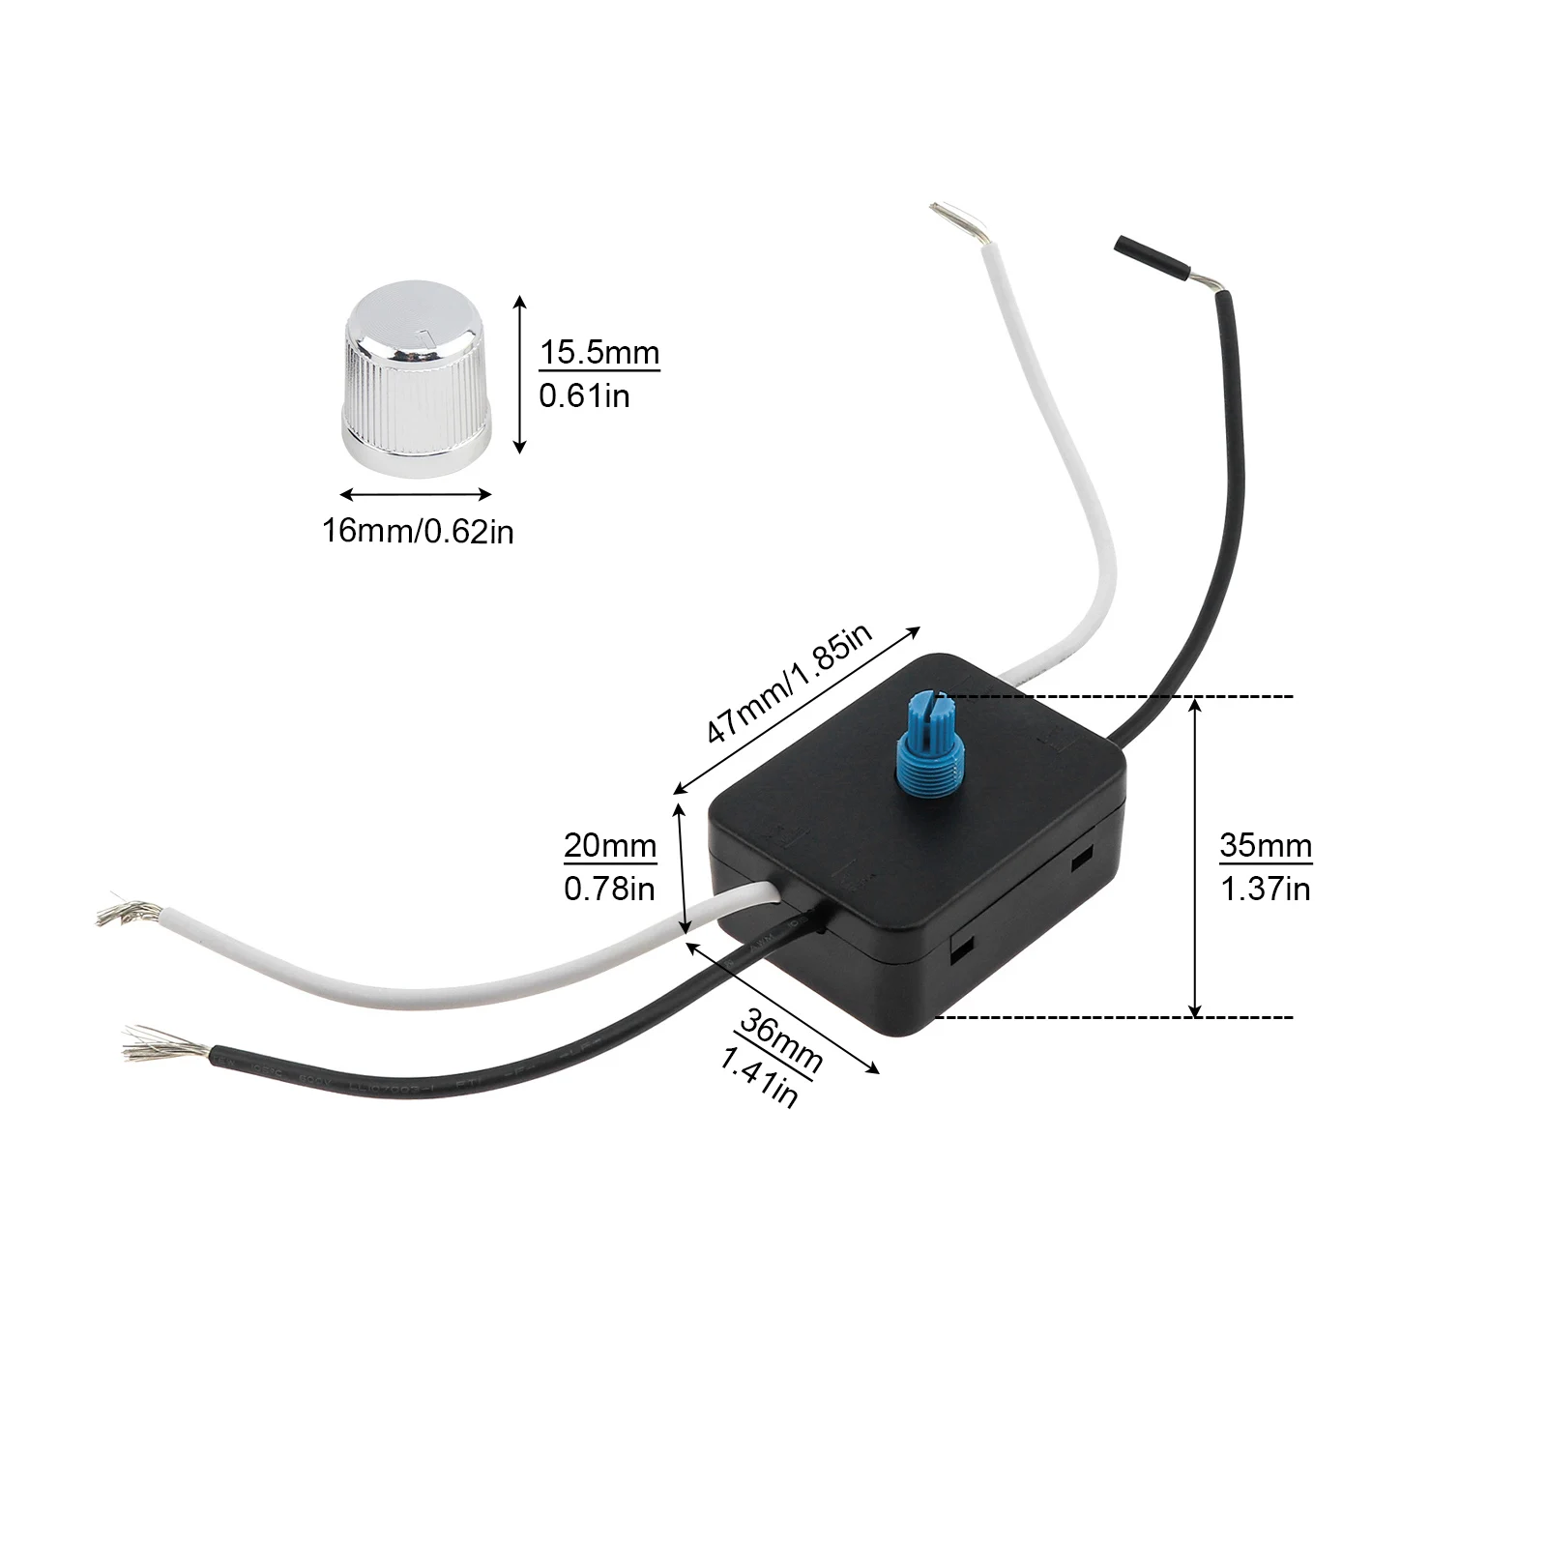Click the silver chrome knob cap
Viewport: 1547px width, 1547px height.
[417, 378]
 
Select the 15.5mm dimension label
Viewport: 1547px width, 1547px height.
[599, 353]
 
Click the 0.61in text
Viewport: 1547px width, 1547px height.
[584, 395]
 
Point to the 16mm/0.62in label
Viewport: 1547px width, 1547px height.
[418, 531]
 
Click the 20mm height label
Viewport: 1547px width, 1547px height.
[610, 845]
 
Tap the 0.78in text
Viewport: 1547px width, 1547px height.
[609, 889]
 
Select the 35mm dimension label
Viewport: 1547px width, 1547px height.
[1266, 845]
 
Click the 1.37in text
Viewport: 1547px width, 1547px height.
[1265, 889]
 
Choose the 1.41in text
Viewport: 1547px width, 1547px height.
[759, 1075]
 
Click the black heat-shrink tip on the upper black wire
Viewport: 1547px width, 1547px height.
[1151, 257]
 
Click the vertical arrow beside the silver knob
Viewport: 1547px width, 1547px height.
[519, 375]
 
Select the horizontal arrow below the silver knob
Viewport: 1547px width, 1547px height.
[417, 495]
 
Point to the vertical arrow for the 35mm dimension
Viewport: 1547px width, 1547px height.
[1196, 857]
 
